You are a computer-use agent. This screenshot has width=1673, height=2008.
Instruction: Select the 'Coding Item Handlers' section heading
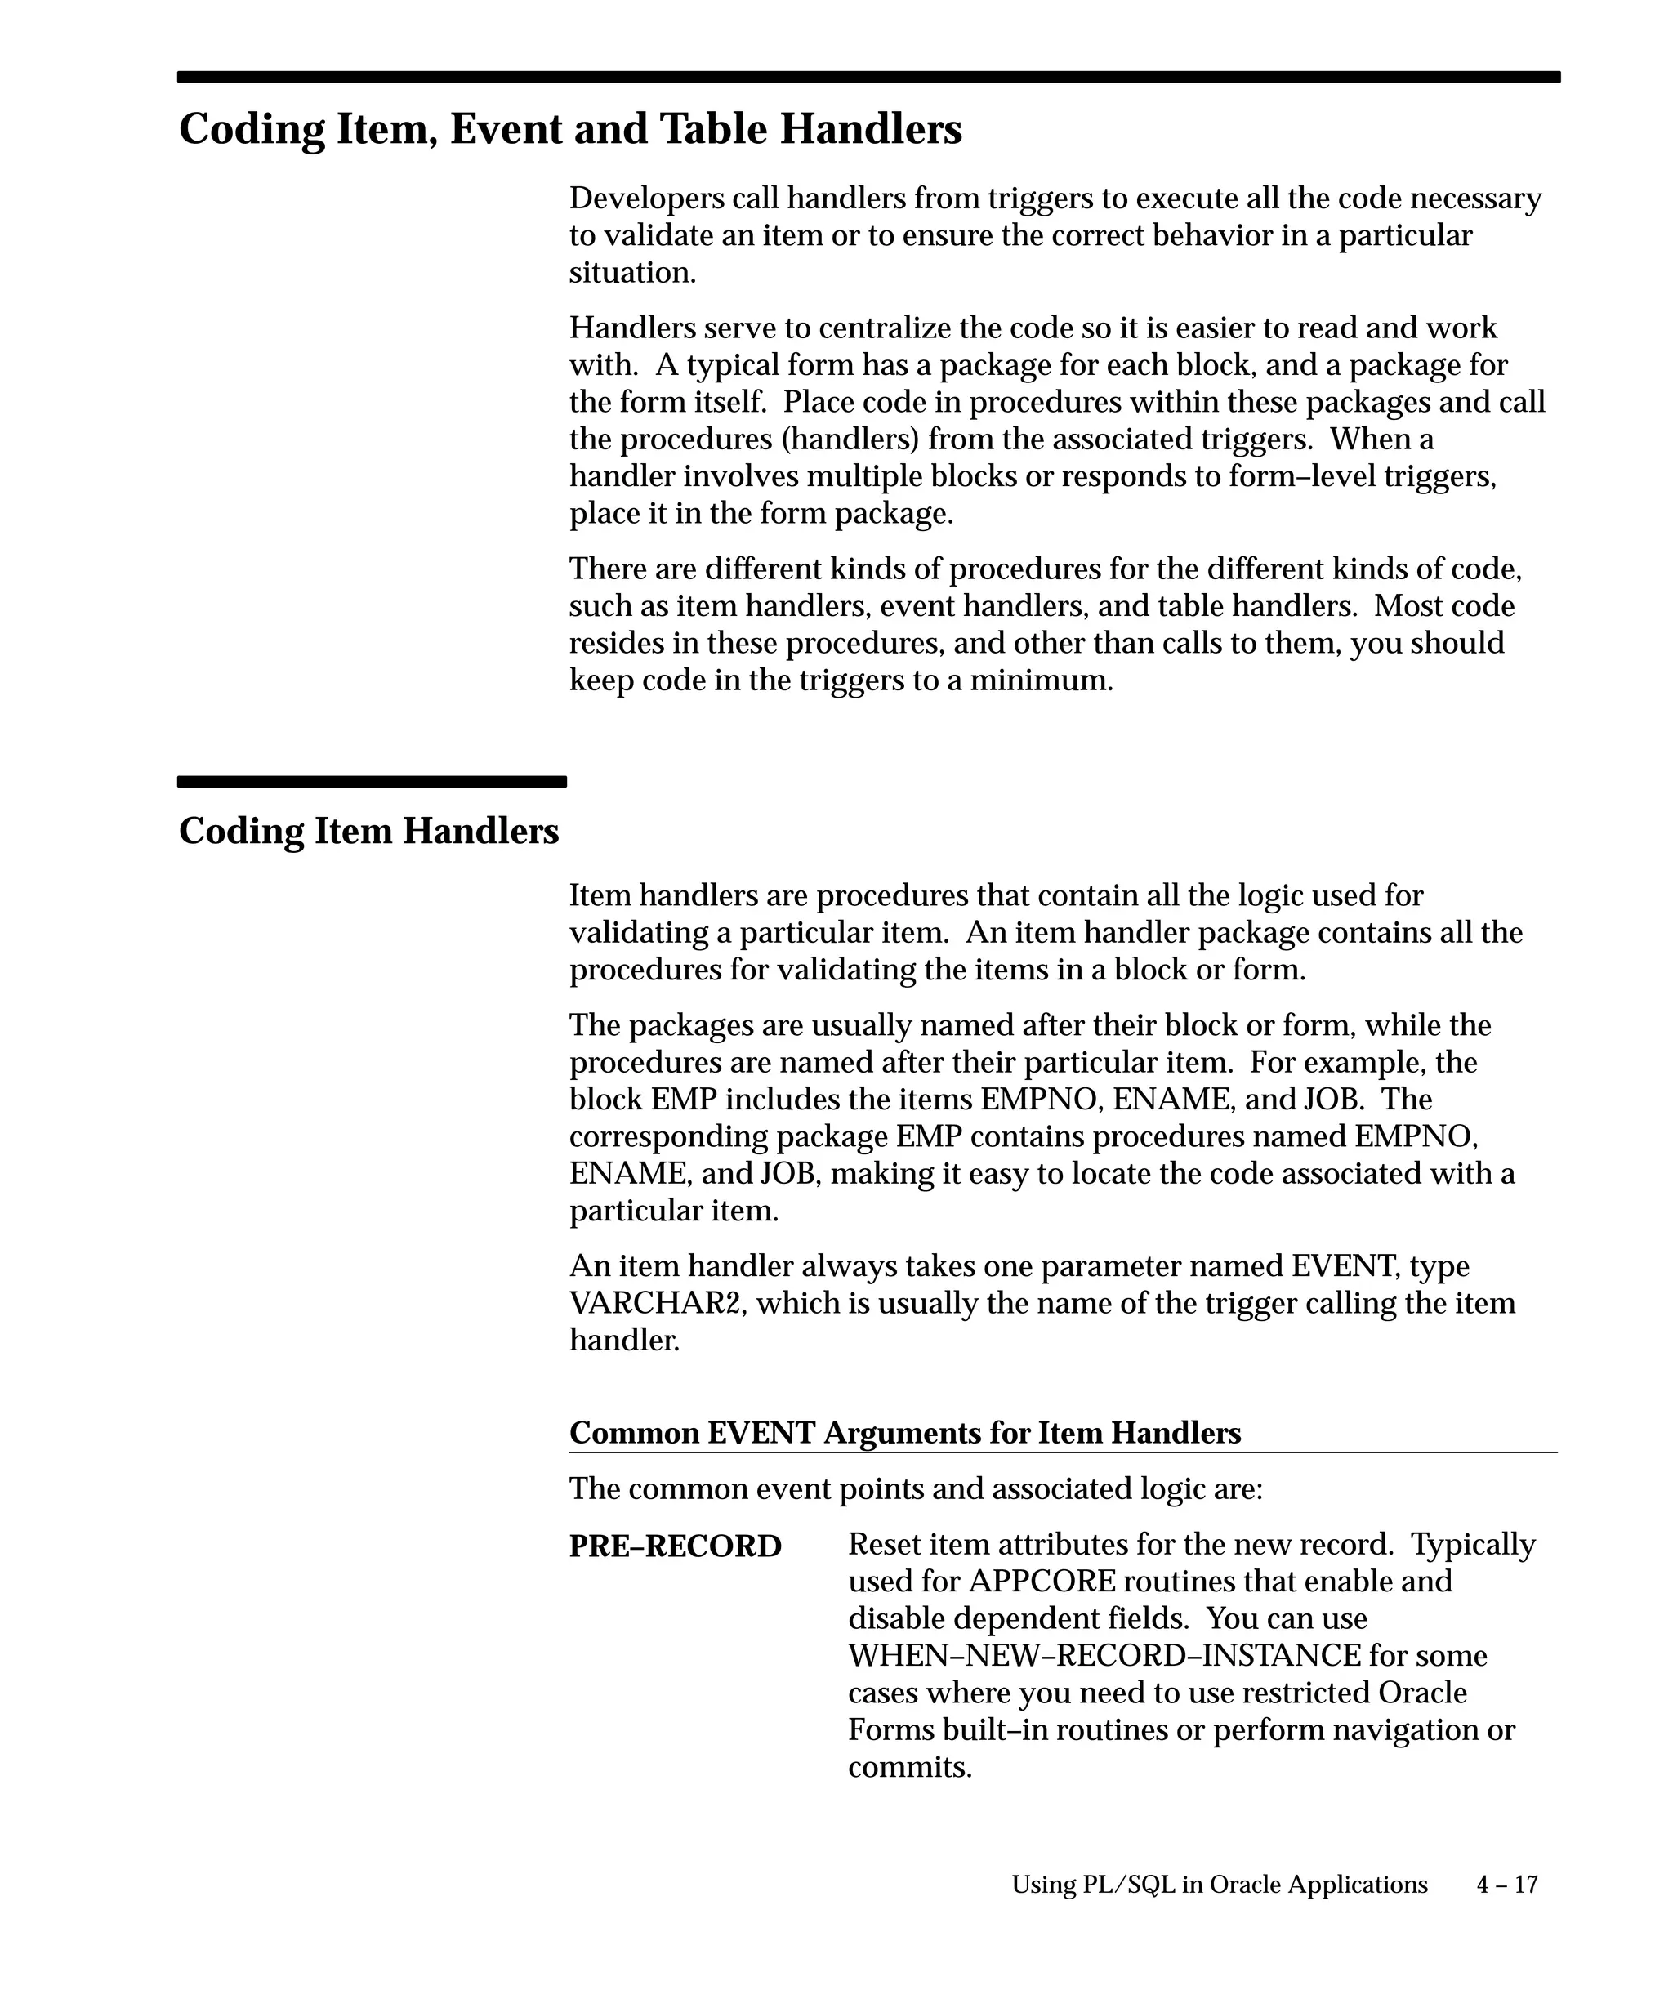pos(368,830)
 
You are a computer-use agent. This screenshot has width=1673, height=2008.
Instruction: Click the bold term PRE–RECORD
pos(675,1546)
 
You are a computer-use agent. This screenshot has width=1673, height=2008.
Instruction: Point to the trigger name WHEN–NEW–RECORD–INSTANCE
pos(1104,1655)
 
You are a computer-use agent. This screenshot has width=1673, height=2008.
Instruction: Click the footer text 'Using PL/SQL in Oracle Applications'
pos(1219,1884)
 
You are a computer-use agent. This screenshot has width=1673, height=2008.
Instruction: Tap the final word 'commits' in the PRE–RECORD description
pos(908,1767)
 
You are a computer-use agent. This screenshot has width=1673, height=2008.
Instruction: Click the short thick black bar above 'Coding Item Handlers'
pos(372,781)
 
